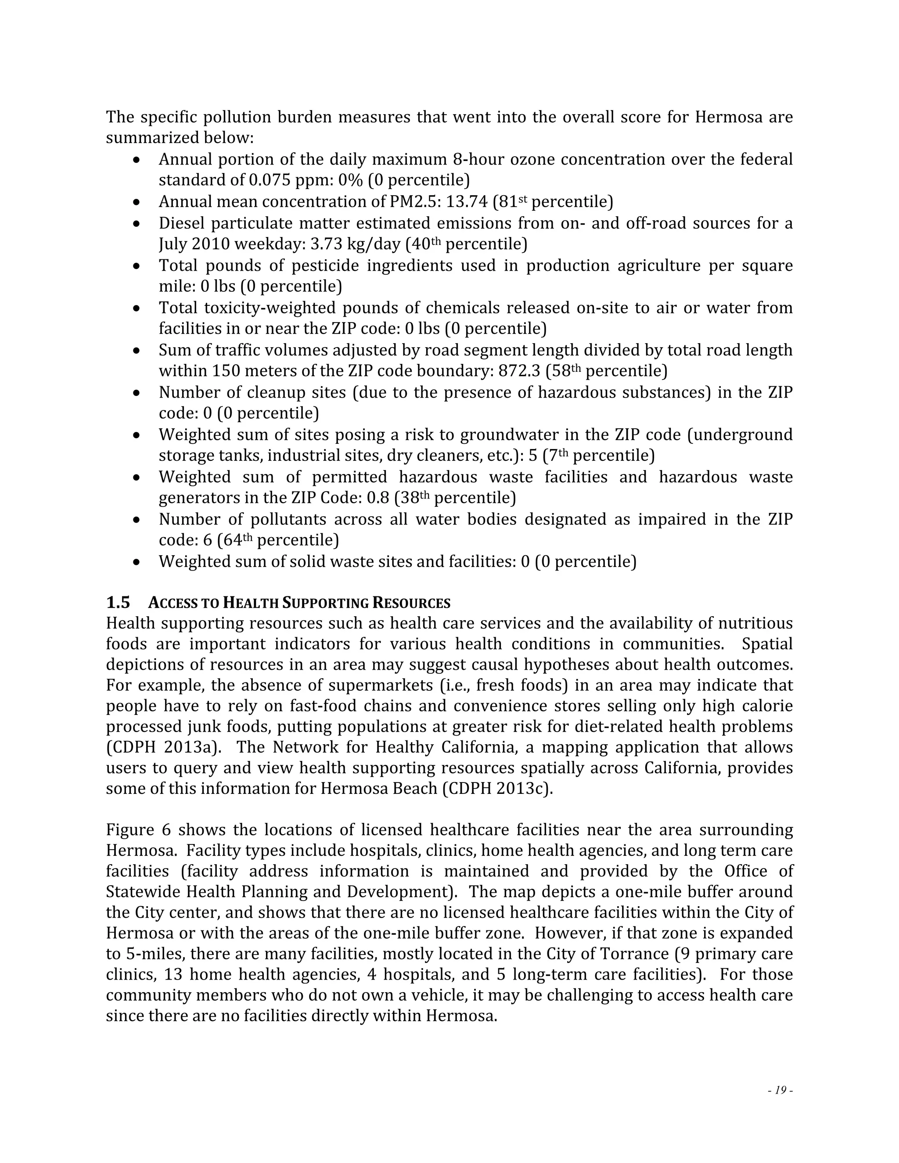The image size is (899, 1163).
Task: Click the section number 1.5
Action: click(118, 603)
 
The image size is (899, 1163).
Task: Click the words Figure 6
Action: click(137, 830)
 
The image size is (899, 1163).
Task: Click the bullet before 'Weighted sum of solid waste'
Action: click(137, 562)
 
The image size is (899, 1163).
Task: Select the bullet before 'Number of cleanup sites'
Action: click(137, 393)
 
